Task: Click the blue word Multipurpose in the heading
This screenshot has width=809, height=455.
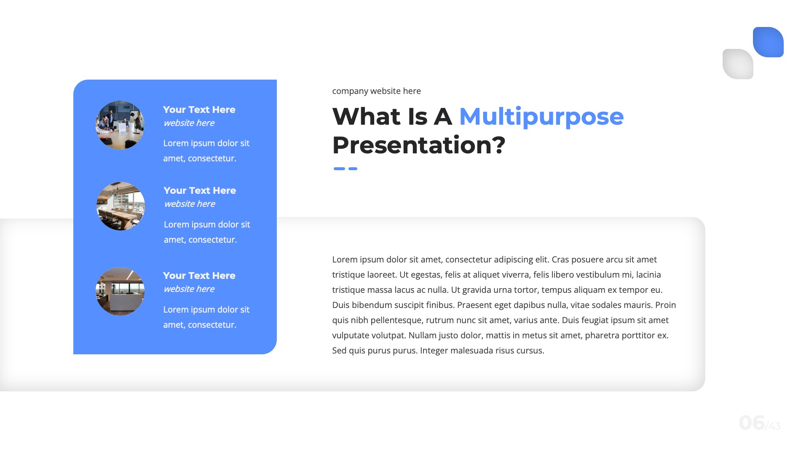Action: (x=541, y=117)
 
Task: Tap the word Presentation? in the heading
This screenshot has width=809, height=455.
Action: (x=418, y=145)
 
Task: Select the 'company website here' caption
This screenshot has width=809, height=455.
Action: (x=376, y=91)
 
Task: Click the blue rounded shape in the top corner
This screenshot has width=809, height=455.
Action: (x=768, y=42)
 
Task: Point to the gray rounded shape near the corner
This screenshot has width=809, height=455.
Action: (x=738, y=64)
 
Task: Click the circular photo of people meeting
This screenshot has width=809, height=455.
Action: (x=120, y=125)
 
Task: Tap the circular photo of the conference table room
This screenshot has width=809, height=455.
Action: (x=121, y=206)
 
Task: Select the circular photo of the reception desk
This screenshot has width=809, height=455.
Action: (x=120, y=291)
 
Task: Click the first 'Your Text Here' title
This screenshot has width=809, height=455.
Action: (x=199, y=110)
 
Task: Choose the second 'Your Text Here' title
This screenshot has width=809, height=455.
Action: (x=200, y=190)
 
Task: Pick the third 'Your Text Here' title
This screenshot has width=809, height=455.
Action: (x=199, y=276)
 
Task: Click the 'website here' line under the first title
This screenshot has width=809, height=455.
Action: (x=189, y=123)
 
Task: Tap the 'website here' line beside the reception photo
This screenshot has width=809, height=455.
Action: (x=189, y=289)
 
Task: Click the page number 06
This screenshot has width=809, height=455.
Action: (x=752, y=423)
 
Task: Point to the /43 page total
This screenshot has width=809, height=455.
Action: (x=773, y=426)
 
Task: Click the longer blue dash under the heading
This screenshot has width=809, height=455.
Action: (x=339, y=169)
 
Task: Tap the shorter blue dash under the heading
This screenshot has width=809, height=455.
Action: (x=353, y=169)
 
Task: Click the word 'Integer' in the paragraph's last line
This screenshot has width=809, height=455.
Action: (x=434, y=351)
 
